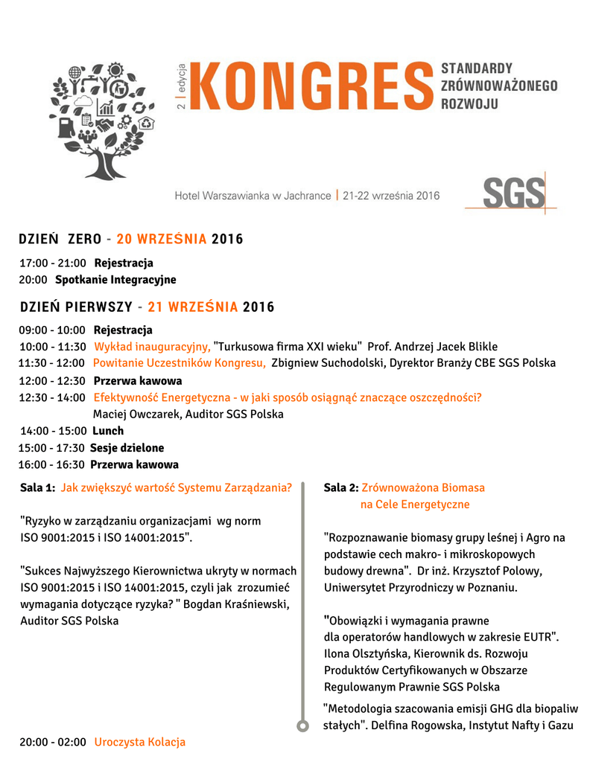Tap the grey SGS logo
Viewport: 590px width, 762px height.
pyautogui.click(x=513, y=193)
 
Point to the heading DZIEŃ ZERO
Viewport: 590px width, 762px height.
pyautogui.click(x=60, y=240)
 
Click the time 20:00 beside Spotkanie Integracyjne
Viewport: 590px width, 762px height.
pyautogui.click(x=34, y=280)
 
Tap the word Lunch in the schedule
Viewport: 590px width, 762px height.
pyautogui.click(x=108, y=431)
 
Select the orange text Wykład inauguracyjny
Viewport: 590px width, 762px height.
pyautogui.click(x=152, y=347)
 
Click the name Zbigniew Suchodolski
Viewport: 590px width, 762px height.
pyautogui.click(x=324, y=363)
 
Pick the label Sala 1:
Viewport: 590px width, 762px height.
pyautogui.click(x=37, y=488)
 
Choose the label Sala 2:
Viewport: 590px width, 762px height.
pyautogui.click(x=341, y=488)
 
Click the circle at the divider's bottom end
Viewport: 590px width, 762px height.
pyautogui.click(x=302, y=726)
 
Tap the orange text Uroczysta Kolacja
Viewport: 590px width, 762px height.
pyautogui.click(x=139, y=742)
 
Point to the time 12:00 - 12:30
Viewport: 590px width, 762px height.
pyautogui.click(x=52, y=380)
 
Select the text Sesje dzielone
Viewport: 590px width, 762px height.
pyautogui.click(x=127, y=448)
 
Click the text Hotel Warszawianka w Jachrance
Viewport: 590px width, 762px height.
pyautogui.click(x=253, y=196)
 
